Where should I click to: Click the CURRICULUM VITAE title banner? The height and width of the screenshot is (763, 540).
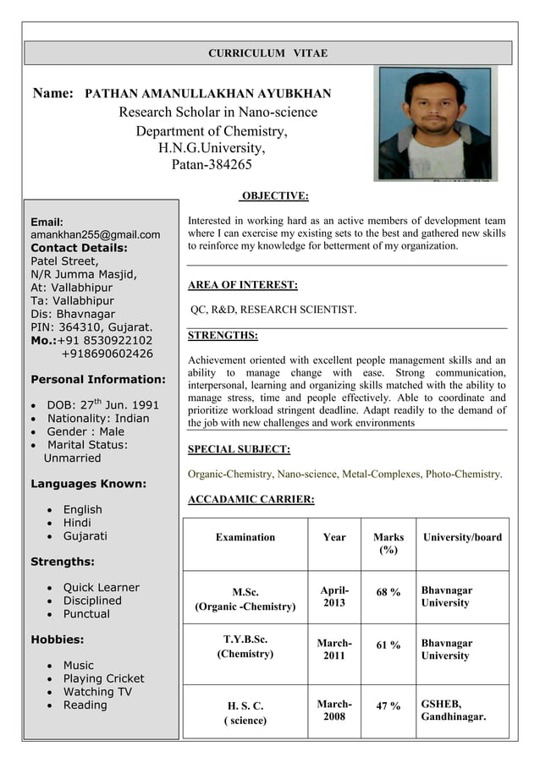coord(267,53)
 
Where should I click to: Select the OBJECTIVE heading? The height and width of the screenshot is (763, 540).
coord(274,196)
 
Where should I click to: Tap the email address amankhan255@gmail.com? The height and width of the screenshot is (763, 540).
coord(95,234)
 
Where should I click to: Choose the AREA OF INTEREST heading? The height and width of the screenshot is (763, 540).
coord(242,285)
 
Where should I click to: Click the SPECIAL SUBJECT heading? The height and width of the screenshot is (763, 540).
coord(239,449)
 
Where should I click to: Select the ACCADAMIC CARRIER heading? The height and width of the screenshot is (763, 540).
coord(251,500)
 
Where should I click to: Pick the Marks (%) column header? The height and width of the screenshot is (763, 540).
coord(388,544)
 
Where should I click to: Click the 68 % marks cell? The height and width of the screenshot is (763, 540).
coord(388,592)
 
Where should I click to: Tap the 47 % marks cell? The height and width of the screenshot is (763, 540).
coord(388,705)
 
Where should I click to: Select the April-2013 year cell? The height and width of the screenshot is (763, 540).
coord(334,596)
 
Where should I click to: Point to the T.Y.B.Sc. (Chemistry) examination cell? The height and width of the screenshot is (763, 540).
coord(245,646)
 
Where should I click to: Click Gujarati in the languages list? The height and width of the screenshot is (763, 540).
coord(85,536)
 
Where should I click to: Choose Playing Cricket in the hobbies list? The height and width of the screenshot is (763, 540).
coord(103,678)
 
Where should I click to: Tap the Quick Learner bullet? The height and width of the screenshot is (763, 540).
coord(101,587)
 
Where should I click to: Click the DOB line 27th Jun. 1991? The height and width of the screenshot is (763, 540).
coord(102,404)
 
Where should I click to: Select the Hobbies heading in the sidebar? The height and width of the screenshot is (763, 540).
coord(57,639)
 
